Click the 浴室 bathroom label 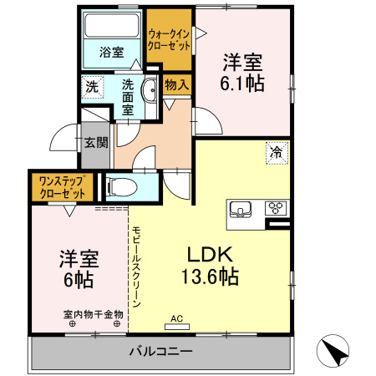112,52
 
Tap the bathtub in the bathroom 112,27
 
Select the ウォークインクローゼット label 169,39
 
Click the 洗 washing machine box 91,85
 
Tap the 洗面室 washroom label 128,96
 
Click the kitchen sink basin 241,209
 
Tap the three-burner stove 276,208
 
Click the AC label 176,318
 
